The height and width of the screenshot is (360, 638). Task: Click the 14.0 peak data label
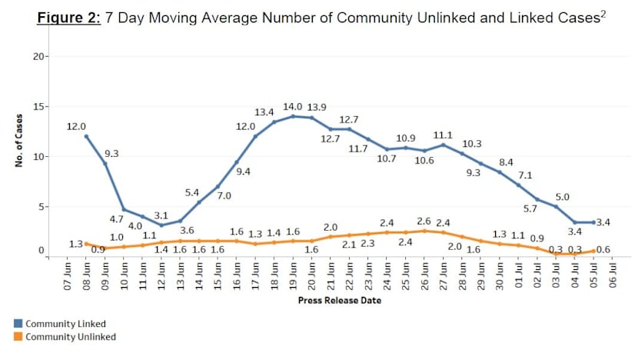tap(291, 107)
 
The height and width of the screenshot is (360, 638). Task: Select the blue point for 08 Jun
tap(86, 136)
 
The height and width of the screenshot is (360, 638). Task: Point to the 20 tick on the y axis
tap(41, 56)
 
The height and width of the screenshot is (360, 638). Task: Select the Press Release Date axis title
tap(339, 301)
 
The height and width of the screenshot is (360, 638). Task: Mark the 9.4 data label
tap(243, 172)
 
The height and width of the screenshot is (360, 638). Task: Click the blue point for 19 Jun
tap(292, 116)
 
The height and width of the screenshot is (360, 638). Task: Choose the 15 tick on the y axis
tap(41, 106)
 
